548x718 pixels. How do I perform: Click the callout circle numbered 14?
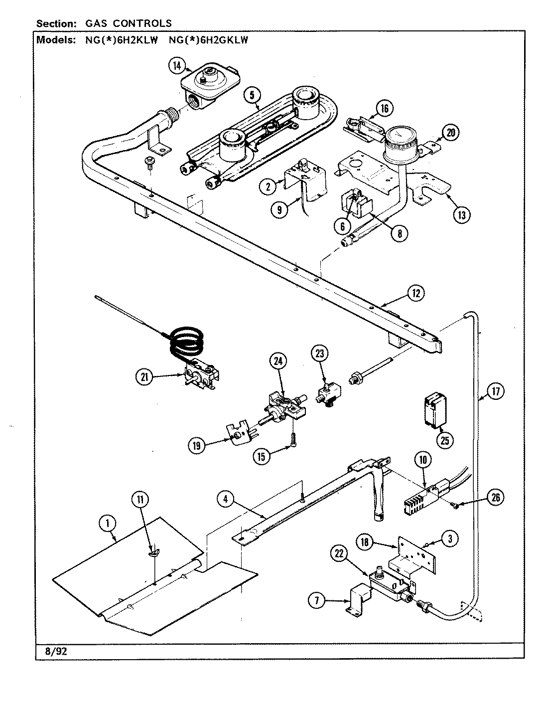(176, 65)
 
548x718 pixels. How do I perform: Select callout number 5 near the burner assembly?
(253, 94)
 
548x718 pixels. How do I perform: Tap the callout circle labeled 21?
(144, 378)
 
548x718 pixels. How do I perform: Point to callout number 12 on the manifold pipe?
(415, 293)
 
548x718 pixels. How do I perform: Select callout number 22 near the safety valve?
(340, 554)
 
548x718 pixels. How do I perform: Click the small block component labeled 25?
(433, 409)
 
